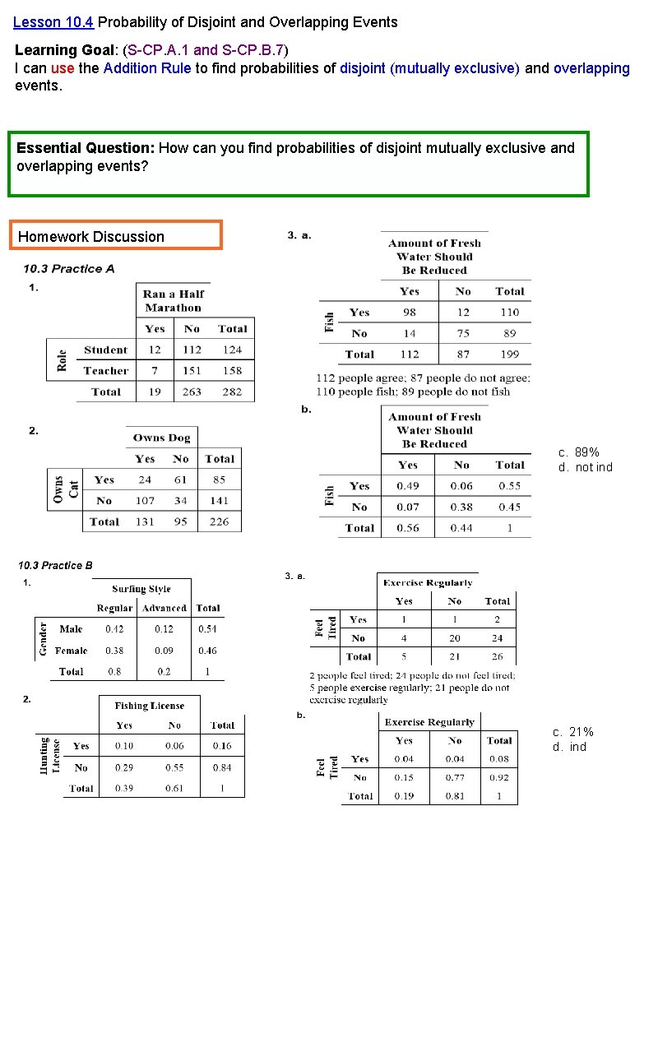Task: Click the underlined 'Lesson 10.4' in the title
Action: [x=53, y=22]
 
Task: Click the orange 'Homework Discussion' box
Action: [x=115, y=236]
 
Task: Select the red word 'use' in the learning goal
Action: [x=63, y=68]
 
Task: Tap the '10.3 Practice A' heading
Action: [x=69, y=269]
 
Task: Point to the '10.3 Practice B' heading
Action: [x=55, y=565]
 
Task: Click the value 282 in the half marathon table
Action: [x=232, y=392]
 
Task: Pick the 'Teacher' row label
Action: [x=106, y=371]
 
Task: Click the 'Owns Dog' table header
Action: [x=161, y=438]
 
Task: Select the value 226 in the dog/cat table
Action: [x=220, y=521]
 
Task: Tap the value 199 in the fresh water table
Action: [x=510, y=354]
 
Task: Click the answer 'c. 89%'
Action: [x=579, y=452]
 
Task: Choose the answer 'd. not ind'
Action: [x=586, y=467]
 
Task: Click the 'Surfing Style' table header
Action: [x=141, y=589]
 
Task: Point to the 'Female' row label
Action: [x=72, y=651]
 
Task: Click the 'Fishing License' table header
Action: [x=150, y=706]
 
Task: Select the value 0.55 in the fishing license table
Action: [x=174, y=767]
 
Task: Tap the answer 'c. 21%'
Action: [x=573, y=732]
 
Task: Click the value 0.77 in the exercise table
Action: [x=455, y=777]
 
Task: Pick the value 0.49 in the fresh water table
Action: [x=408, y=486]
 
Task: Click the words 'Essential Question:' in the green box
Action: [x=86, y=148]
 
